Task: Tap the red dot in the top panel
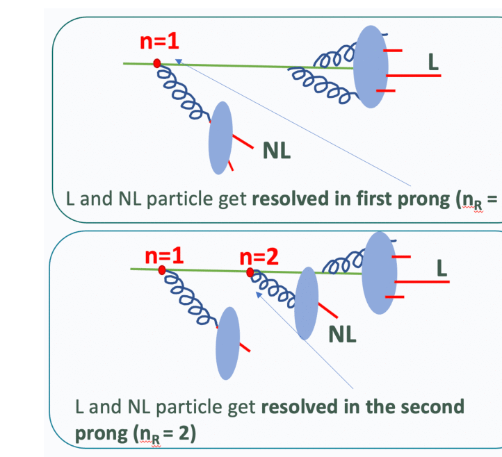[157, 63]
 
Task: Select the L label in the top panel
[433, 63]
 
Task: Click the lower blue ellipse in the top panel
[220, 138]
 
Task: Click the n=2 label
[259, 257]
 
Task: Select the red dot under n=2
[250, 272]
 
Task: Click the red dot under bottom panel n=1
[162, 270]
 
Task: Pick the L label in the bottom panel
[441, 267]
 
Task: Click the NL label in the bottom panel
[343, 335]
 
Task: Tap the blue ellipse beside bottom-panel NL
[306, 303]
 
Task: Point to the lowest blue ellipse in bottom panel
[229, 343]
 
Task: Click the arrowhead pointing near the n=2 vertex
[259, 295]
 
